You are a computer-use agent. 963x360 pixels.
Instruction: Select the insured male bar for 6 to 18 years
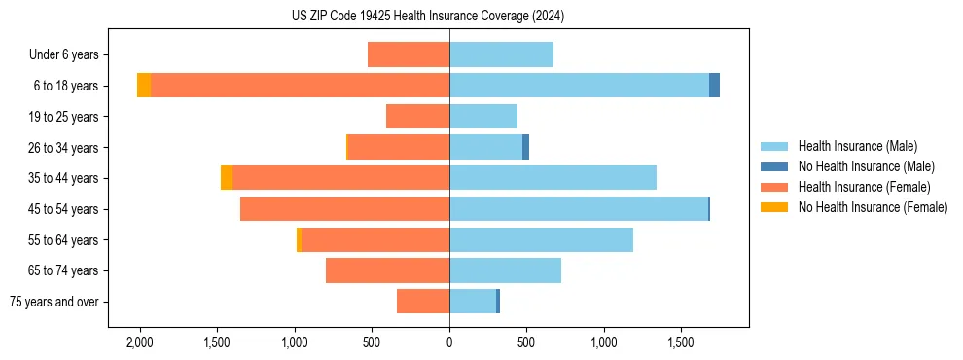[579, 86]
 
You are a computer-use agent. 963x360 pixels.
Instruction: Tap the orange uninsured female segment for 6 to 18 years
[144, 86]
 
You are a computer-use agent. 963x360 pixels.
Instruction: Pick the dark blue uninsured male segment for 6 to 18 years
[714, 86]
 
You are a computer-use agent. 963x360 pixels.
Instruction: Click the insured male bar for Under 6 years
[501, 54]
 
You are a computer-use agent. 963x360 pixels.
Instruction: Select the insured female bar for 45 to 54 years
[344, 209]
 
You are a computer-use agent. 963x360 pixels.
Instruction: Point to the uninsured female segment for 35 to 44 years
[227, 178]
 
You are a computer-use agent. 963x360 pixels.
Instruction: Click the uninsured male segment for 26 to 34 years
[525, 147]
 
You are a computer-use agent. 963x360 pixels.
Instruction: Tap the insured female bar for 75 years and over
[423, 302]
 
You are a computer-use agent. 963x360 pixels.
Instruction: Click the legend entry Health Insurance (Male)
[857, 146]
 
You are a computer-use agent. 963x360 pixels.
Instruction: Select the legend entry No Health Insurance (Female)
[873, 207]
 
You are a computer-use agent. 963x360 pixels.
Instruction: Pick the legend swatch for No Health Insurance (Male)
[774, 166]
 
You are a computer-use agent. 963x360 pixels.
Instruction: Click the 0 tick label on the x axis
[449, 342]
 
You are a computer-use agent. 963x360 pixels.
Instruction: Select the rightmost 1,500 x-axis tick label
[681, 342]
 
